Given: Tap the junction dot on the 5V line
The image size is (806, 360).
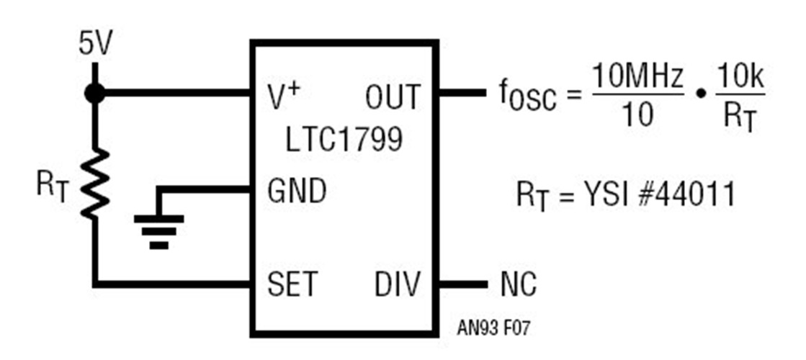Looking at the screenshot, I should [94, 92].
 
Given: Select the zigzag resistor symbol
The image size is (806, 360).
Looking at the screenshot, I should [94, 184].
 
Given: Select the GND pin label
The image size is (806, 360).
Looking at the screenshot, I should [296, 192].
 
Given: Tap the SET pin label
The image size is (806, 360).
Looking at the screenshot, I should [292, 284].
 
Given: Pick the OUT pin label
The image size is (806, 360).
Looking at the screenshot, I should [392, 96].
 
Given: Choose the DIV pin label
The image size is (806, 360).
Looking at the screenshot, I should [397, 284].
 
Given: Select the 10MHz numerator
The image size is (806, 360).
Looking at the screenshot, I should [637, 76].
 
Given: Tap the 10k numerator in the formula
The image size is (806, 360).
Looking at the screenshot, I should [740, 76].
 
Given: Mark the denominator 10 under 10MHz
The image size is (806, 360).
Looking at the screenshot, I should [636, 115].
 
